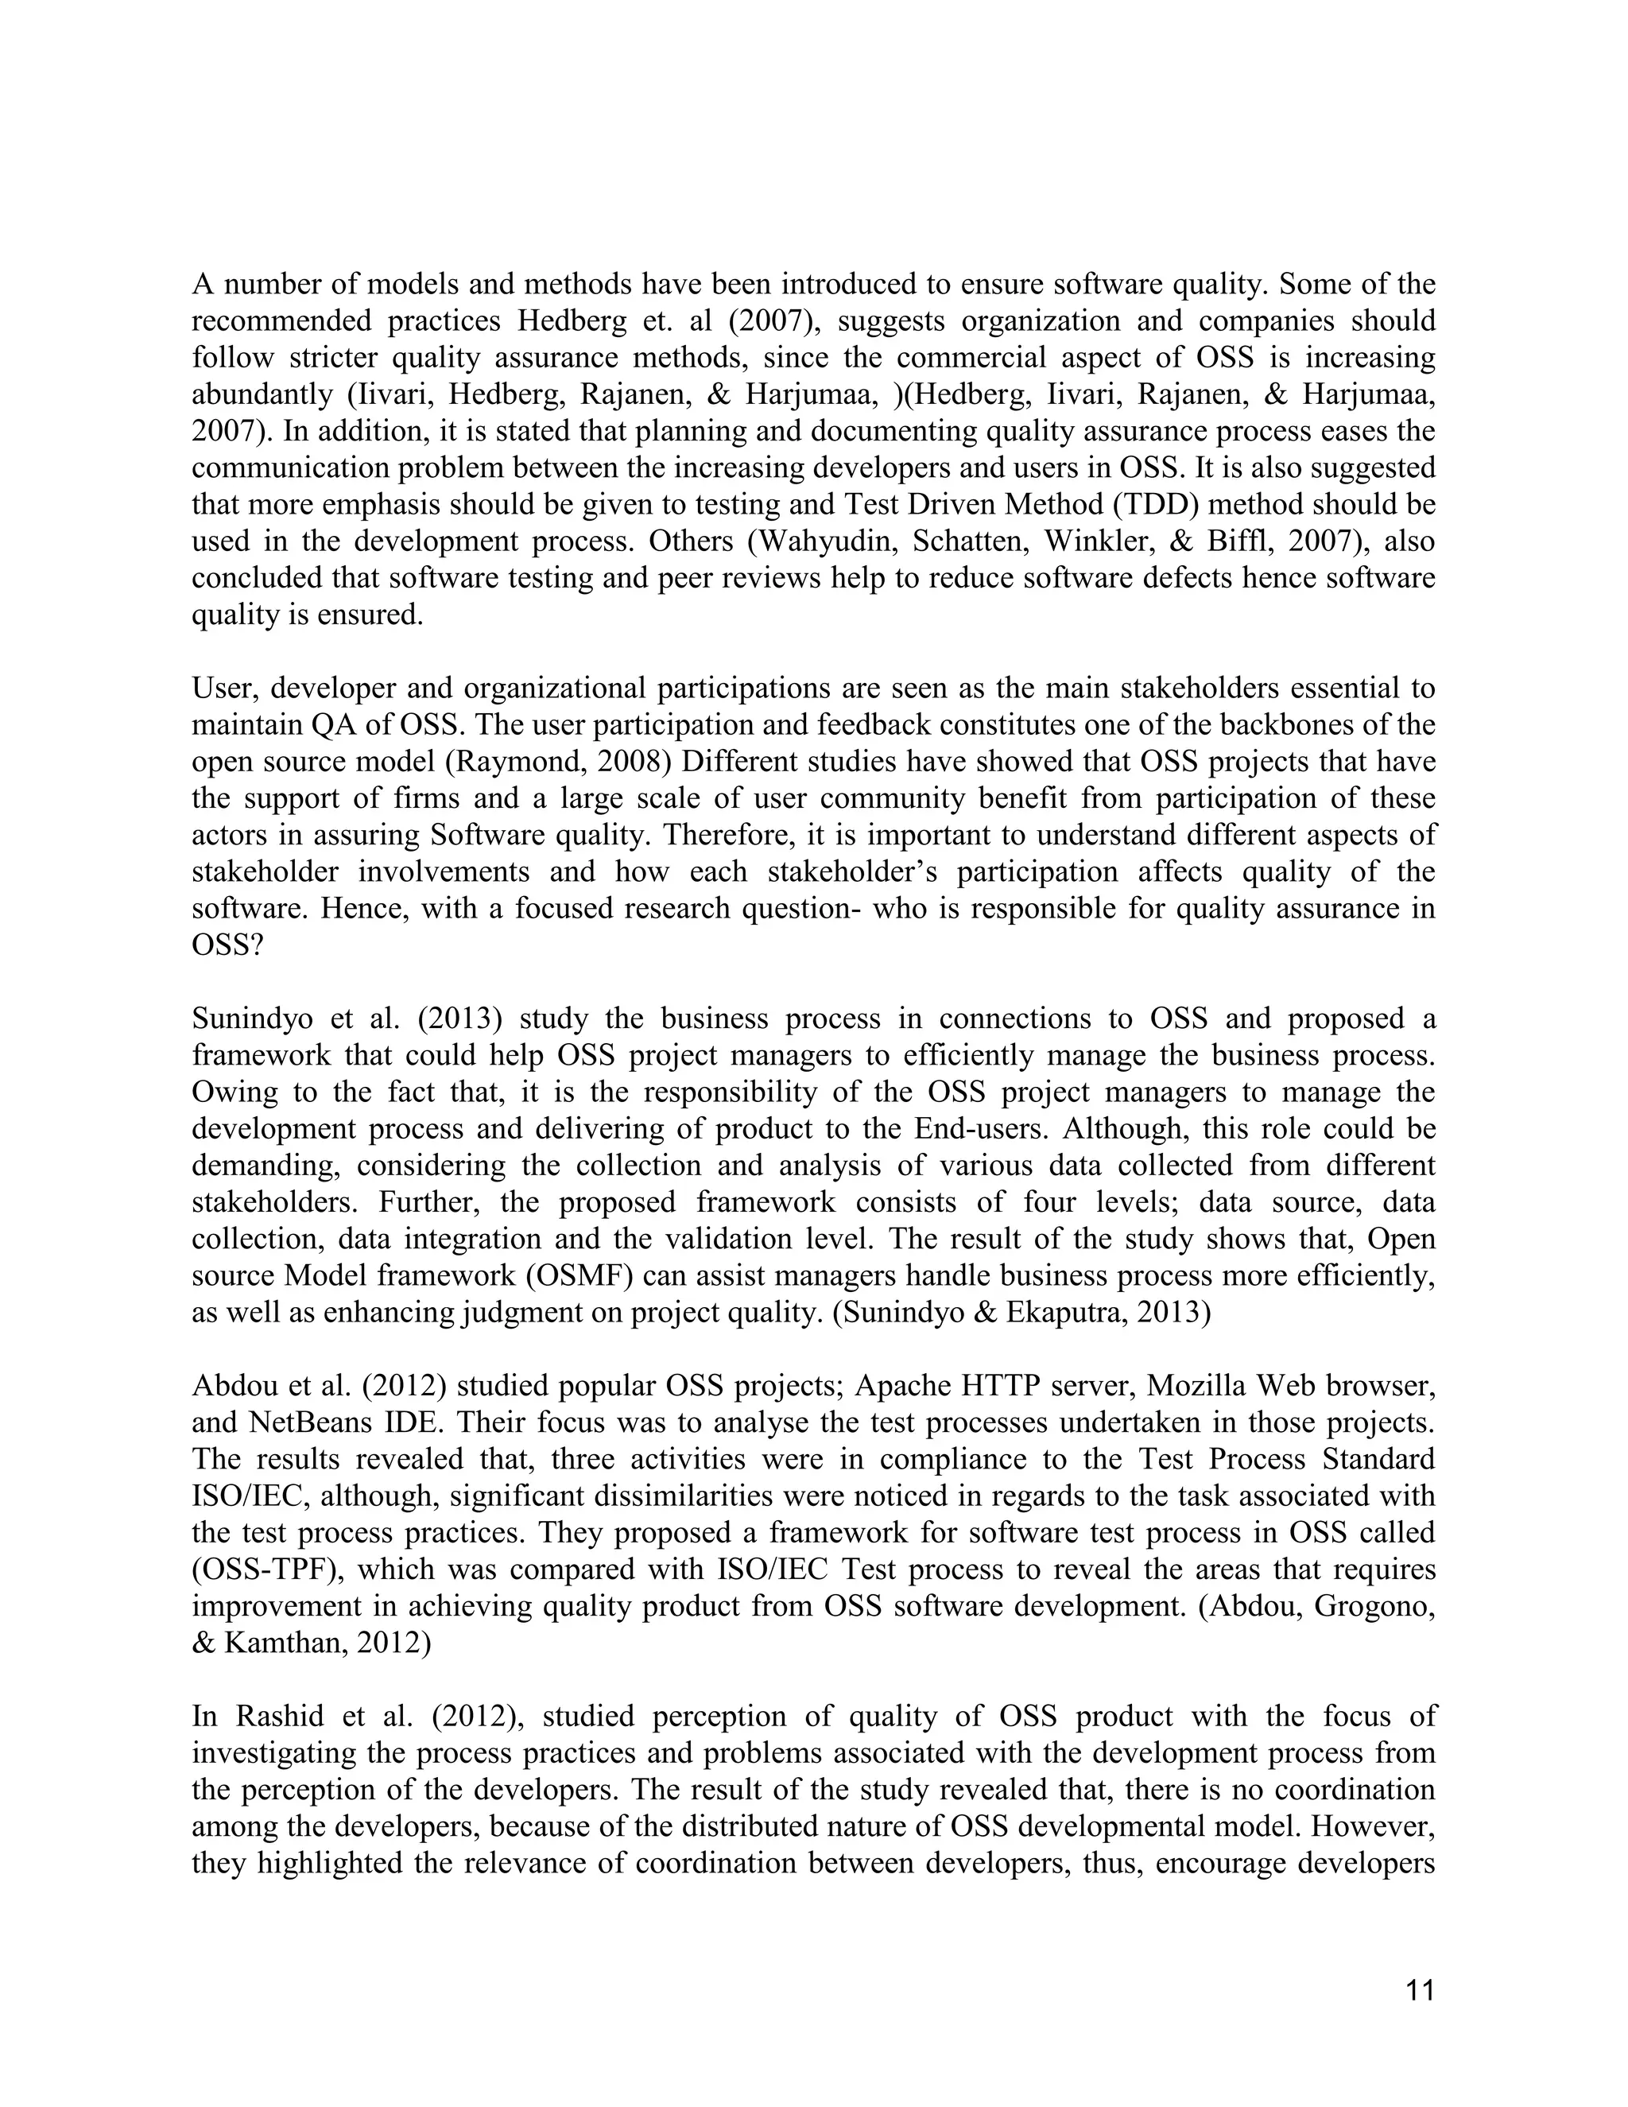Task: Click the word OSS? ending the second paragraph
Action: point(227,945)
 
